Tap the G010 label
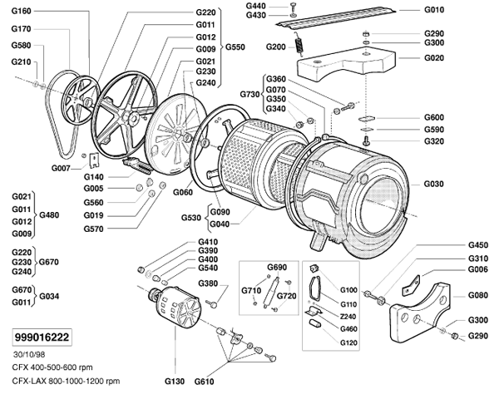point(433,11)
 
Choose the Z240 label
point(349,317)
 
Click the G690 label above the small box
point(276,267)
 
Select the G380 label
point(207,283)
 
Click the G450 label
point(477,245)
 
